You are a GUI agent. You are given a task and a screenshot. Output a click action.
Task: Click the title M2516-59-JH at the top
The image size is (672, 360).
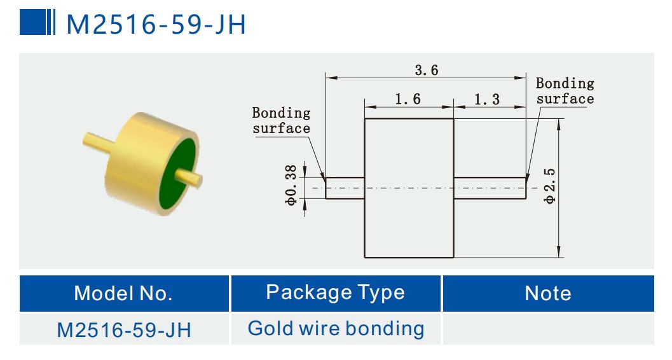click(156, 24)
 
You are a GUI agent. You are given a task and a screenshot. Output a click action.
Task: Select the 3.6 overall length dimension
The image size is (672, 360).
click(426, 70)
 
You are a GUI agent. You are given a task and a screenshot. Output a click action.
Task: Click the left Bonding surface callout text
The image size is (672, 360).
click(281, 120)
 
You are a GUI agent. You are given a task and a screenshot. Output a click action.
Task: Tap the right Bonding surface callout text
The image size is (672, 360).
click(565, 90)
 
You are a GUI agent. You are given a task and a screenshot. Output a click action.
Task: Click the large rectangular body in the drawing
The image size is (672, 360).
click(408, 216)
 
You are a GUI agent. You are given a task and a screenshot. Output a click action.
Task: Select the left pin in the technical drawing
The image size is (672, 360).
click(345, 188)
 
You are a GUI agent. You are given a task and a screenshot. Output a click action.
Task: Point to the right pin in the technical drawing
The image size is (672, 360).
click(490, 188)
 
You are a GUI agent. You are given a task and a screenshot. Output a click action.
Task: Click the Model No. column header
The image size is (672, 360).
click(123, 293)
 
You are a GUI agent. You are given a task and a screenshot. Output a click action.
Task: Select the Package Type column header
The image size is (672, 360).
click(335, 292)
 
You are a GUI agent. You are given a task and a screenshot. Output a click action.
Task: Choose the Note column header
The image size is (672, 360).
click(547, 293)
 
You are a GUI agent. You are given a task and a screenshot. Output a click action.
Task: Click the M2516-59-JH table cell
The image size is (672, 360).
click(123, 329)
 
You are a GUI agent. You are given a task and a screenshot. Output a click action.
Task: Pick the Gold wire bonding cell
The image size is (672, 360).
click(335, 329)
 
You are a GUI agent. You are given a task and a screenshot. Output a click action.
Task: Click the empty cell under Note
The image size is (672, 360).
click(547, 329)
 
